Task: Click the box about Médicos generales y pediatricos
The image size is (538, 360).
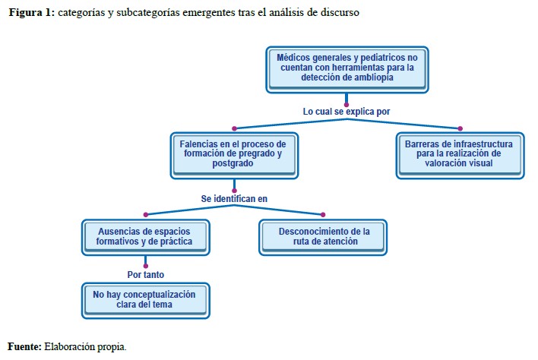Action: click(x=346, y=68)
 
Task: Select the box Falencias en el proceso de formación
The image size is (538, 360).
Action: click(x=233, y=154)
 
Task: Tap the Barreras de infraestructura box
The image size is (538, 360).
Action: click(x=460, y=154)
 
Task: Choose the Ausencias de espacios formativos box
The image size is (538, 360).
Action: click(x=145, y=236)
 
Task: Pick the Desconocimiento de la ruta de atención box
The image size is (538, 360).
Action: click(x=323, y=236)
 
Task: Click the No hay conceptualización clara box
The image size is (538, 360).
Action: click(x=145, y=299)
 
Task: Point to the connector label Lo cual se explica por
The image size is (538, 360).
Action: click(x=347, y=112)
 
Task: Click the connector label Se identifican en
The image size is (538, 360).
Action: click(x=234, y=198)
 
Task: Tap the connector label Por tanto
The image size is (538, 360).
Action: click(x=145, y=274)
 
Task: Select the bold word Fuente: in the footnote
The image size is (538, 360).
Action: click(x=25, y=346)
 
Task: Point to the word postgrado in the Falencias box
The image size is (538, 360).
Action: click(x=233, y=164)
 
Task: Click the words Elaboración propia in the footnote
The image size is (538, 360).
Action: click(x=85, y=346)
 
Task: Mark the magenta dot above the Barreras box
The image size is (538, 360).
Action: click(x=460, y=128)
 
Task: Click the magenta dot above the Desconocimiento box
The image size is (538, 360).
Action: click(x=323, y=214)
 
